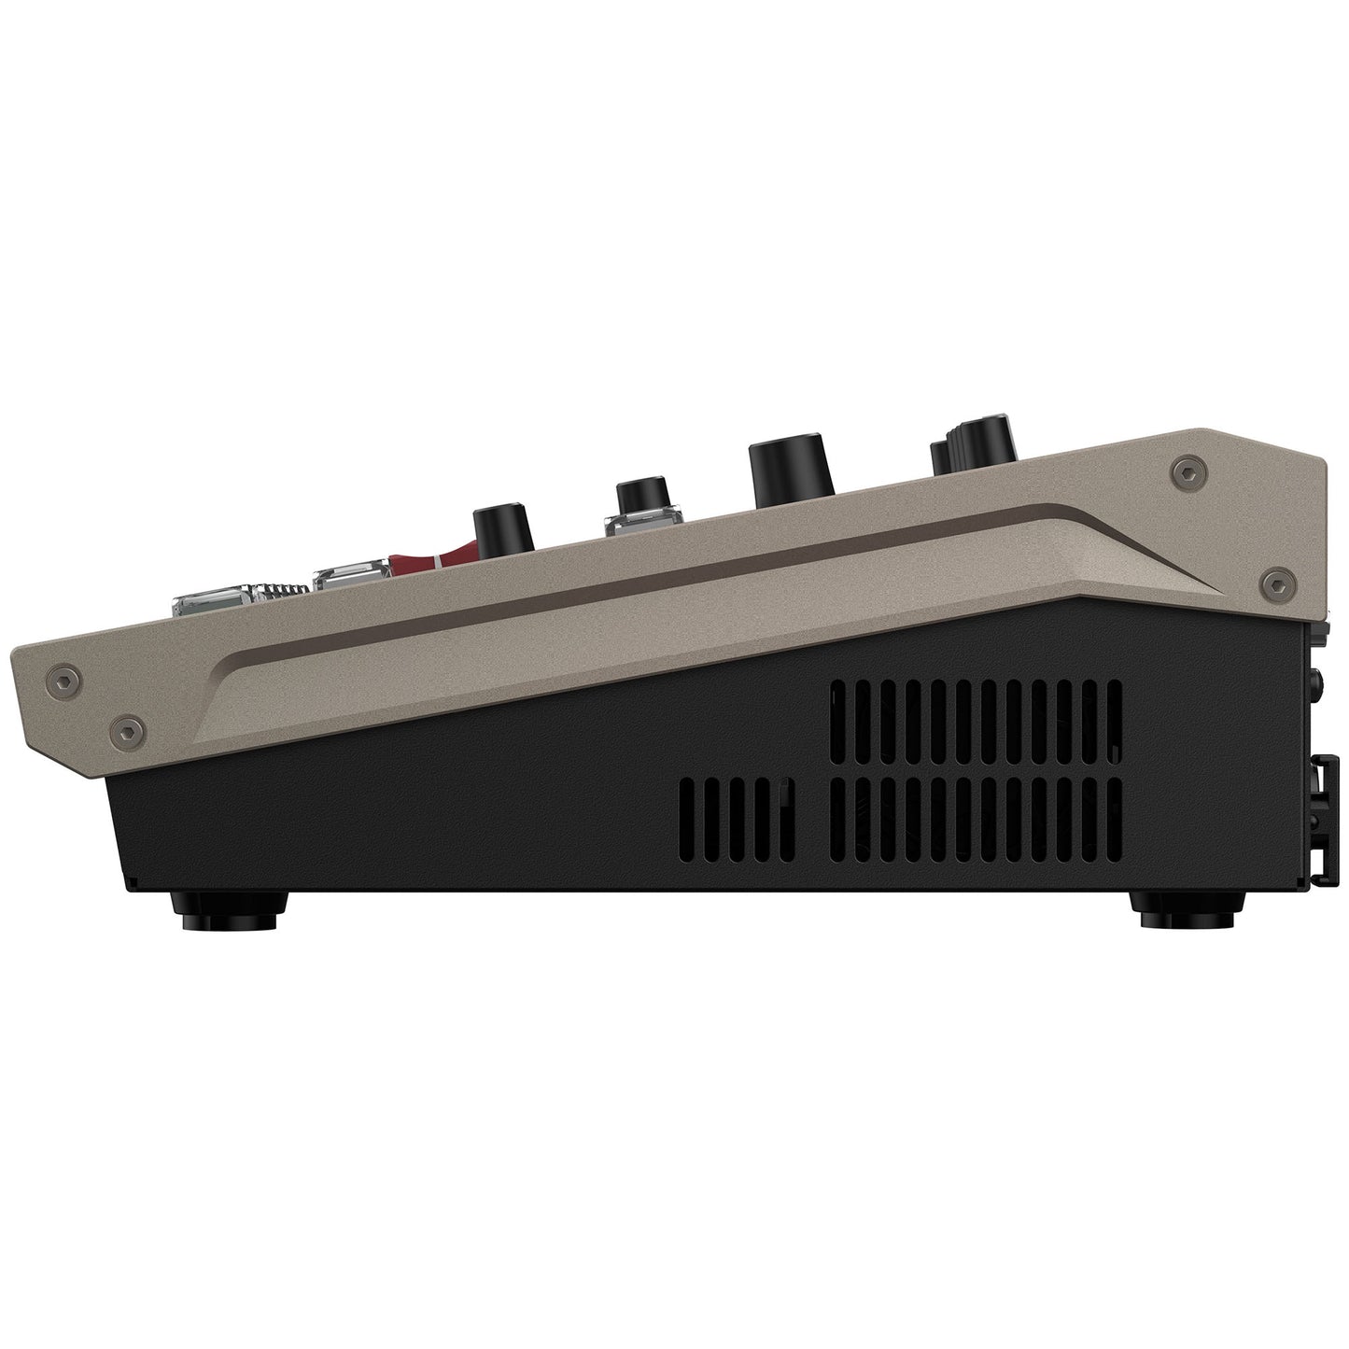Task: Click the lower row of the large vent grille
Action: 976,821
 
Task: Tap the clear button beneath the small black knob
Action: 639,524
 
